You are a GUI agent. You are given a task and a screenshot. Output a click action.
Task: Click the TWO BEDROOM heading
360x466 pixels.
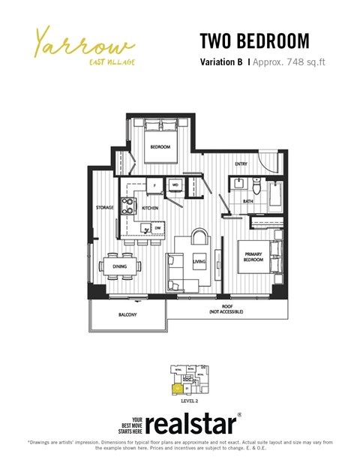(x=254, y=40)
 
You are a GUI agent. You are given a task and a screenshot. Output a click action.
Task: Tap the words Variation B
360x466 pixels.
(x=221, y=63)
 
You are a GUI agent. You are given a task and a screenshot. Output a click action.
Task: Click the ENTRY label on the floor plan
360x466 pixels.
(x=241, y=164)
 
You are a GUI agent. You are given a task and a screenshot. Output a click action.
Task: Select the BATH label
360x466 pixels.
(x=247, y=201)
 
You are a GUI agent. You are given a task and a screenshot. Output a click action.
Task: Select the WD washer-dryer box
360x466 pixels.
(x=175, y=183)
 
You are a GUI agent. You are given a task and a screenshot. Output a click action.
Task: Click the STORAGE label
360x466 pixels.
(x=104, y=207)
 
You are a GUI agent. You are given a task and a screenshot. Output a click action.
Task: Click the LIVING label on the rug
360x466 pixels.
(x=199, y=261)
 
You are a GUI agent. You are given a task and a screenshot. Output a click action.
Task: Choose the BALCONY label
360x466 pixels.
(x=127, y=314)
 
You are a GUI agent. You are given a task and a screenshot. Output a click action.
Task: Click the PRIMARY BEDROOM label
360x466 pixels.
(x=251, y=257)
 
